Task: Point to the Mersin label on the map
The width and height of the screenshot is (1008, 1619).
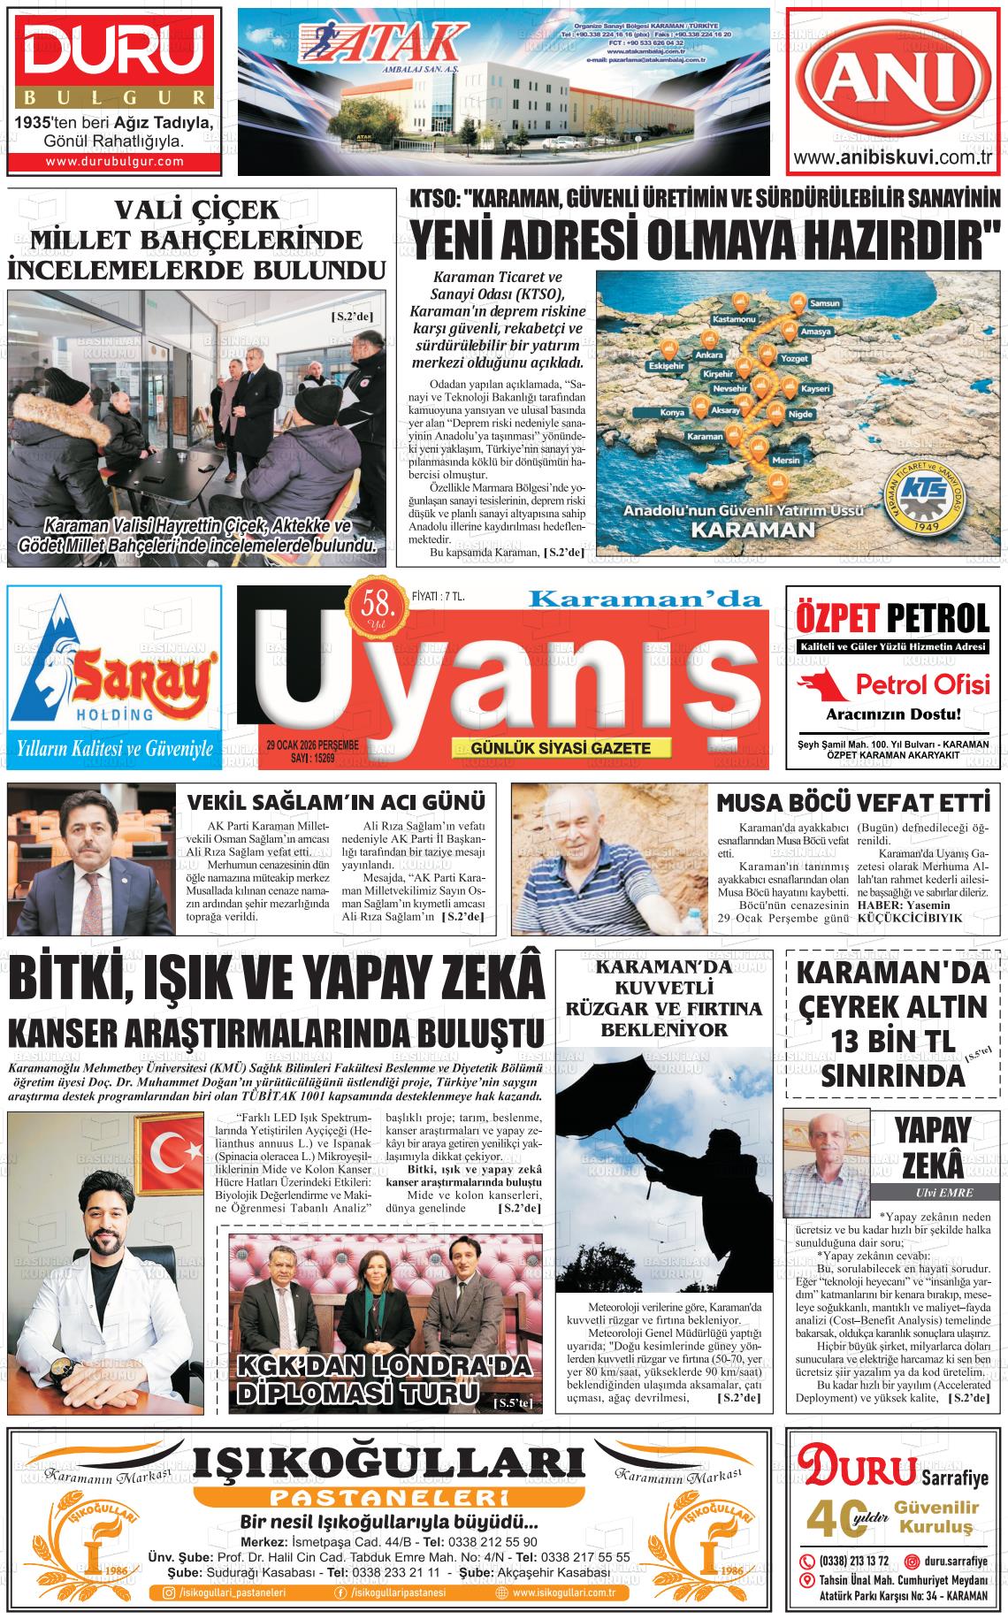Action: pyautogui.click(x=785, y=461)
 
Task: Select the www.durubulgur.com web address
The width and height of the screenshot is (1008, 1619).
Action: pyautogui.click(x=114, y=161)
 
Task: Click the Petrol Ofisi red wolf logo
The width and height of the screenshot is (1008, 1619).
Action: pyautogui.click(x=820, y=683)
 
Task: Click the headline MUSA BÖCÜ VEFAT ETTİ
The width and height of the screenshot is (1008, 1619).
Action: pyautogui.click(x=851, y=803)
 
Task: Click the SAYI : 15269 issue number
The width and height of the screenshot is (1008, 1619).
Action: pyautogui.click(x=296, y=758)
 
